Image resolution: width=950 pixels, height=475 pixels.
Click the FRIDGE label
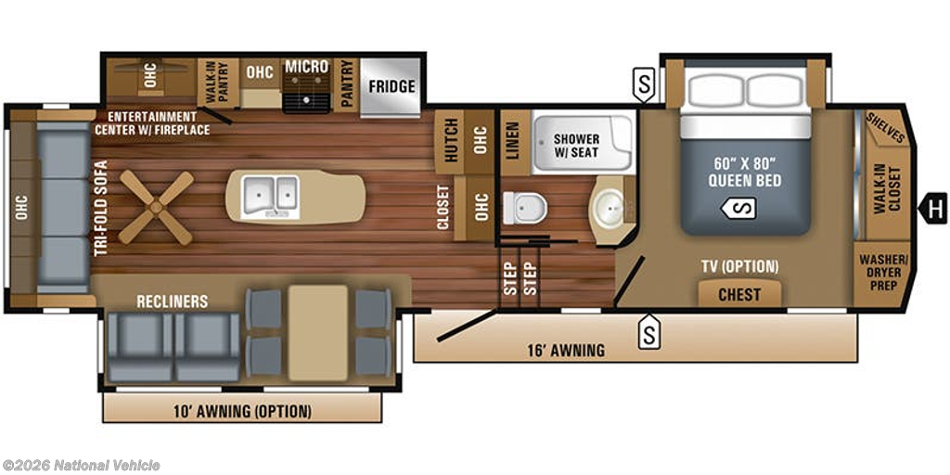tap(392, 86)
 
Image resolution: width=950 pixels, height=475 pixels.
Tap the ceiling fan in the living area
tap(156, 207)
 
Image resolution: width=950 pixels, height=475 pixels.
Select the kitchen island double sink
tap(271, 197)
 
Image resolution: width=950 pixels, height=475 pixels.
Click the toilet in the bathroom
tap(525, 208)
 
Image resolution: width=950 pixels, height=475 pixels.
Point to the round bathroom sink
tap(609, 209)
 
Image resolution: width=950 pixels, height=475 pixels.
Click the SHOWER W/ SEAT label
tap(577, 146)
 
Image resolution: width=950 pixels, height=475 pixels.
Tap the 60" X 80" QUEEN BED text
tap(745, 173)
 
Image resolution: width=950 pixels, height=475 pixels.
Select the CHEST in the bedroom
tap(739, 294)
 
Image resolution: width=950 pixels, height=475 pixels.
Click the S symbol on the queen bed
tap(738, 209)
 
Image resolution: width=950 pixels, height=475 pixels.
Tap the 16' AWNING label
tap(566, 350)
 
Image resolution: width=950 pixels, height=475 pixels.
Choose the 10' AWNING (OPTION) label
tap(241, 412)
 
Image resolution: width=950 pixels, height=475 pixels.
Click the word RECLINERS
tap(172, 302)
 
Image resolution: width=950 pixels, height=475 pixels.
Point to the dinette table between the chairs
tap(318, 333)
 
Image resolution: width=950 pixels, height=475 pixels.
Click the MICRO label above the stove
tap(306, 67)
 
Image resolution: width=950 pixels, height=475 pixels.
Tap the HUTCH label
tap(450, 142)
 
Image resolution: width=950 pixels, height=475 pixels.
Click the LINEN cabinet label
tap(512, 141)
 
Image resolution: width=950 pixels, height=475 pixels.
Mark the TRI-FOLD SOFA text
tap(101, 208)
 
